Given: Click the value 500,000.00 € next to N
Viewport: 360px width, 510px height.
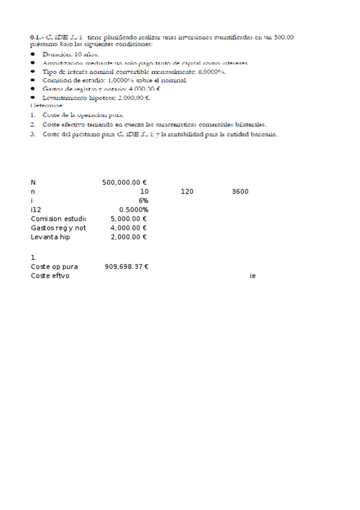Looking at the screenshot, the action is click(125, 182).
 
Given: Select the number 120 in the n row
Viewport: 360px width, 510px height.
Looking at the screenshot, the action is click(187, 191).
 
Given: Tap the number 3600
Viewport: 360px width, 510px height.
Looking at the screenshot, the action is click(240, 191).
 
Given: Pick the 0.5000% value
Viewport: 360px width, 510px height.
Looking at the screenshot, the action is click(134, 209).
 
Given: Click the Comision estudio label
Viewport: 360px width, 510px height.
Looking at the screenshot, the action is click(58, 219).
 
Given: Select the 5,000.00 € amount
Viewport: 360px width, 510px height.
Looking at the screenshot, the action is click(129, 219).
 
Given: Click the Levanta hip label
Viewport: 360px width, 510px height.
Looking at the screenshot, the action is click(50, 237).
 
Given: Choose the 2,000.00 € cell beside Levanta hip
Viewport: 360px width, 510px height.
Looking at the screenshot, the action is click(129, 237).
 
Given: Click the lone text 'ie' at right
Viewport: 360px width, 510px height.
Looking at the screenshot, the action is click(252, 275).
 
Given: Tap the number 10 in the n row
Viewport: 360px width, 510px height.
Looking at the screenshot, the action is click(144, 191).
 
